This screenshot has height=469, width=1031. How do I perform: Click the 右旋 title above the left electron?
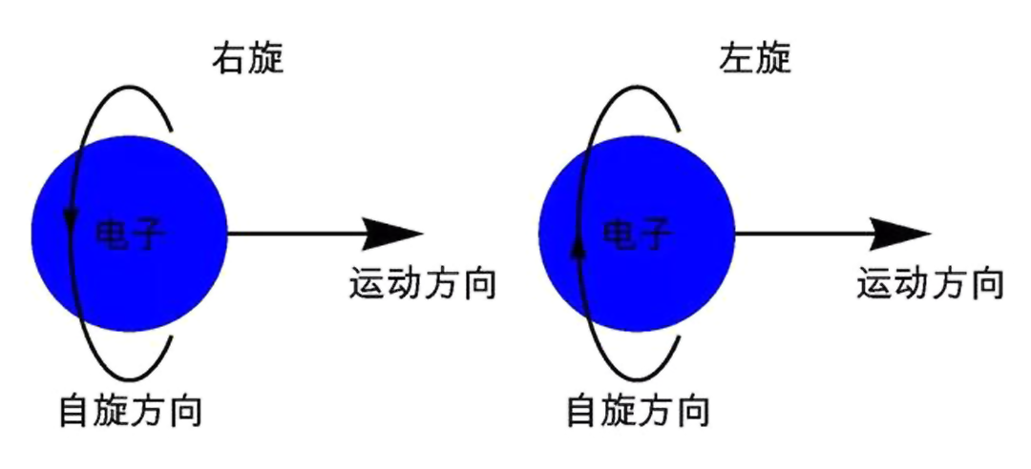click(248, 60)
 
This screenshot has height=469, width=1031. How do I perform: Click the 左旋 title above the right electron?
click(755, 60)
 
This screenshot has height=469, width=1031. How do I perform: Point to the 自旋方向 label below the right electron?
click(638, 411)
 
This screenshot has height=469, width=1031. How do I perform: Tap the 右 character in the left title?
click(229, 60)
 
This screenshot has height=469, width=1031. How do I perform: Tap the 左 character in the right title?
click(736, 60)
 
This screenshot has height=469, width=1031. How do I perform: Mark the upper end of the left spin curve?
click(172, 130)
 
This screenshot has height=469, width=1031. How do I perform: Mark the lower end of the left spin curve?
click(172, 337)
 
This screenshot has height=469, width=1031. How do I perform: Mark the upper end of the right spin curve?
click(679, 130)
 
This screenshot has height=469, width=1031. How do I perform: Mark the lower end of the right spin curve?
click(679, 337)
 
